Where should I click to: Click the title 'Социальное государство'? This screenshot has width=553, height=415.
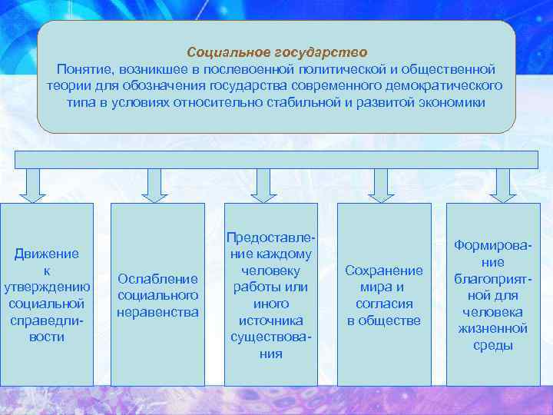(276, 52)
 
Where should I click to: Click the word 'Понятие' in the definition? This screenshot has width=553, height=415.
(82, 69)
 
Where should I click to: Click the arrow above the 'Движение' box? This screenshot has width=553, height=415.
(32, 185)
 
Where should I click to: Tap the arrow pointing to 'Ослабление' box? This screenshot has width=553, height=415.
(154, 185)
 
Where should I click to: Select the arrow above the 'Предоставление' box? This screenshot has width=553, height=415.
(264, 185)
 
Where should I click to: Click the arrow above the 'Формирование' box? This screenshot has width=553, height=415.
(503, 185)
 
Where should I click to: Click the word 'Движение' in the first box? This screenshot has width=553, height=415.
(47, 253)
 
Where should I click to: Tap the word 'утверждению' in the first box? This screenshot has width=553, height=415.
(47, 287)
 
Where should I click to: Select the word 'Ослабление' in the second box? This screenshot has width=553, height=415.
(157, 278)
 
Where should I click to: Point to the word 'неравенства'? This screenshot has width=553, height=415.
(157, 312)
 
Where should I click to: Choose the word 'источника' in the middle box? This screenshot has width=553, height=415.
(271, 320)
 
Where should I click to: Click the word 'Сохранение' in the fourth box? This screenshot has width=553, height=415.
(384, 271)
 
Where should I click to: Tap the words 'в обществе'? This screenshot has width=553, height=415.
(384, 320)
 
